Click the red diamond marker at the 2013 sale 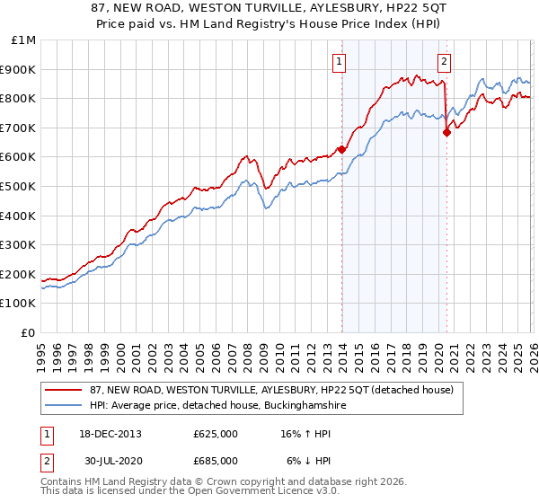click(x=341, y=150)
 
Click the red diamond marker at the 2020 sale click(x=446, y=132)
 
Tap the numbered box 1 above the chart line click(x=340, y=62)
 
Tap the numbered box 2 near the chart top click(x=445, y=62)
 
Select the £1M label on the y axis click(x=24, y=40)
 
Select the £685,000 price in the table click(x=216, y=460)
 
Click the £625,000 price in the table click(x=216, y=434)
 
